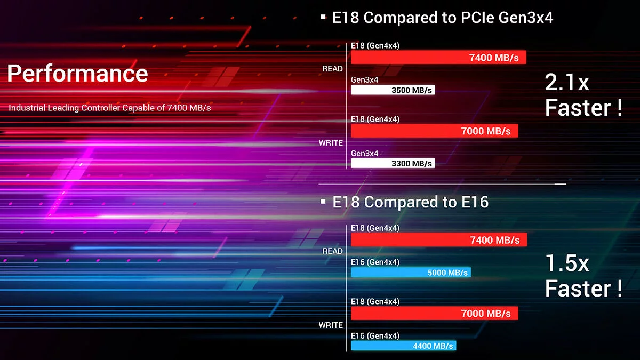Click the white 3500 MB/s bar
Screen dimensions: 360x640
[x=393, y=90]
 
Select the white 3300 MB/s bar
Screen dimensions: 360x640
[x=393, y=163]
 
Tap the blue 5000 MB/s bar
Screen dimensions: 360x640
[x=411, y=273]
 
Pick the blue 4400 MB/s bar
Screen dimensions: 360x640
[x=403, y=346]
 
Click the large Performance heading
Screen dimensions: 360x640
[x=78, y=73]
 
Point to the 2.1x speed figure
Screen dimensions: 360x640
[x=567, y=83]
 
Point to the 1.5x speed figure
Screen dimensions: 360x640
[x=567, y=263]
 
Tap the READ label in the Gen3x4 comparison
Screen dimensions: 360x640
[x=332, y=69]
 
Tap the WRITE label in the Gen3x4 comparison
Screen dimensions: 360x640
[x=331, y=143]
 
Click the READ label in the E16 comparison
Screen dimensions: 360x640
[x=332, y=251]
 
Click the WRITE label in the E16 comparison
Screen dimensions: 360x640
[x=331, y=325]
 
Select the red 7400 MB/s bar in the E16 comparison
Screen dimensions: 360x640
[x=438, y=240]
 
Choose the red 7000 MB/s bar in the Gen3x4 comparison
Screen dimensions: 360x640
[x=434, y=131]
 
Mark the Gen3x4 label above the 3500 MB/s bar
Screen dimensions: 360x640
[x=365, y=80]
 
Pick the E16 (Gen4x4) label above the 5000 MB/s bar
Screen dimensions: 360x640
[x=375, y=262]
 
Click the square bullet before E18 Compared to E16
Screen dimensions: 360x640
[x=323, y=201]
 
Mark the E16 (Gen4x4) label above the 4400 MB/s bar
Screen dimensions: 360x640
[x=375, y=335]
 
